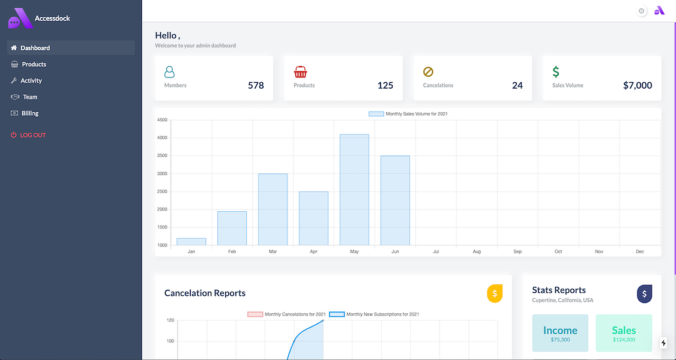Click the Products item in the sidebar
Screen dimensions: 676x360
(28, 64)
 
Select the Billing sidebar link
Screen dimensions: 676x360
(25, 113)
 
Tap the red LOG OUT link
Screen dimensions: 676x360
(28, 135)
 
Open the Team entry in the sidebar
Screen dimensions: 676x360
(24, 97)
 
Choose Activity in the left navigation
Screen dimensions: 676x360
(26, 80)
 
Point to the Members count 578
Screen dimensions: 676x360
(256, 85)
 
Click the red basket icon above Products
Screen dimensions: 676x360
(301, 71)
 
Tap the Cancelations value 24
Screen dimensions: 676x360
(518, 85)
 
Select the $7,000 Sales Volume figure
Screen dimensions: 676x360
(637, 85)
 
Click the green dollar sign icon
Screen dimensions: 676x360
(556, 71)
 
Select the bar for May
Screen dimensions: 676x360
(354, 190)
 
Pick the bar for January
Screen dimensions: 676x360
(192, 242)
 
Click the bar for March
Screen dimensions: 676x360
(273, 209)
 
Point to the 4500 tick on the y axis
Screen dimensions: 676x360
(162, 120)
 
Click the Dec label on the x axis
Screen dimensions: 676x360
(640, 251)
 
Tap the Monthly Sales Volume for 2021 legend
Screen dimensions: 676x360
(408, 113)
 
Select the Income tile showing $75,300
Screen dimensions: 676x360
(560, 333)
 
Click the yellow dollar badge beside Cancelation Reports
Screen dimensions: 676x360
(495, 293)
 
